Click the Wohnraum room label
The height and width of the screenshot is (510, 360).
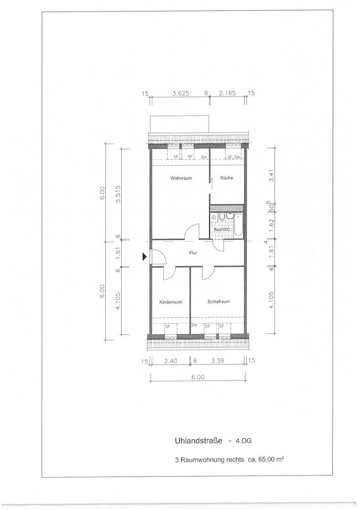click(181, 178)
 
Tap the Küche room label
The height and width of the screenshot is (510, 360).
click(226, 178)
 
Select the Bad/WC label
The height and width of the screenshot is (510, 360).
click(222, 229)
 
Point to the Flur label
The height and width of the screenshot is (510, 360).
click(193, 253)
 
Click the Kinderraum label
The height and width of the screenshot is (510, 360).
click(171, 302)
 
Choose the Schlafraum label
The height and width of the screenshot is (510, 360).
click(218, 301)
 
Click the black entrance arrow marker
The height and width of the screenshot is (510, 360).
click(144, 257)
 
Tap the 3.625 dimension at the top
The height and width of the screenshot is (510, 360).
click(181, 93)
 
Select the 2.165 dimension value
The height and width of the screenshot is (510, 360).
click(227, 93)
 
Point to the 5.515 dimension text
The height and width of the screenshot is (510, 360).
click(118, 194)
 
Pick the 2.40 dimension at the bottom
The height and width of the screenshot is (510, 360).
click(171, 361)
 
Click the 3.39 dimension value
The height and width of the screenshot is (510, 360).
click(218, 361)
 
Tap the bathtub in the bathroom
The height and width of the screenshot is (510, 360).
click(238, 224)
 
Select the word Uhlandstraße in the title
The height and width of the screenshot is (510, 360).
click(199, 441)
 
